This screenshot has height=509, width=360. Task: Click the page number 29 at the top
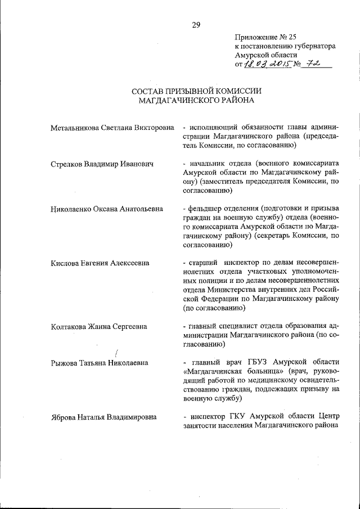coord(196,24)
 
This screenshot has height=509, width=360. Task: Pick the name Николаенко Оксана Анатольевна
coord(106,209)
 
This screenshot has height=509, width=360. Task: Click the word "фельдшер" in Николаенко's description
coord(205,209)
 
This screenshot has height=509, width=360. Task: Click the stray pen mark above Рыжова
coord(116,353)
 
